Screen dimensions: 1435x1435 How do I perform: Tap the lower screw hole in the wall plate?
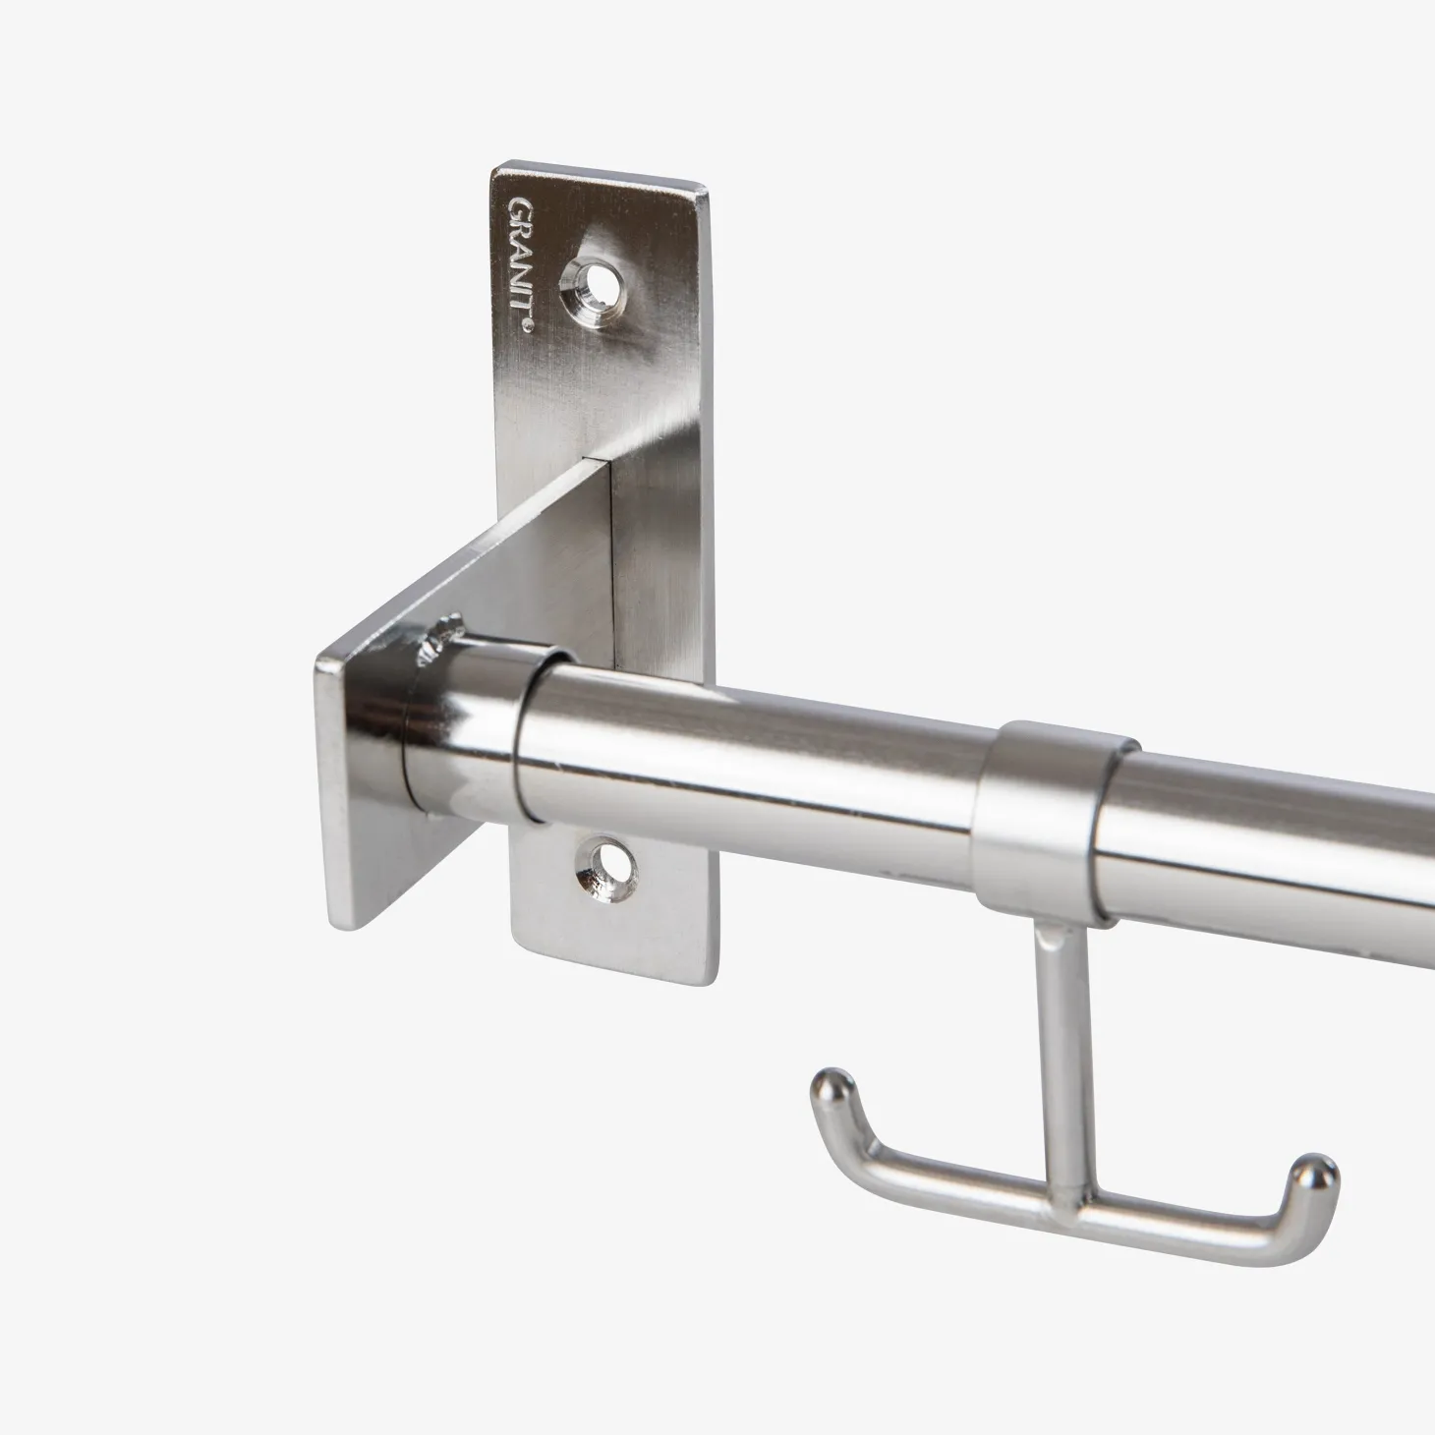(x=604, y=868)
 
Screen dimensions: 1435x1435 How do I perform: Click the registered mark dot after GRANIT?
(x=527, y=324)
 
